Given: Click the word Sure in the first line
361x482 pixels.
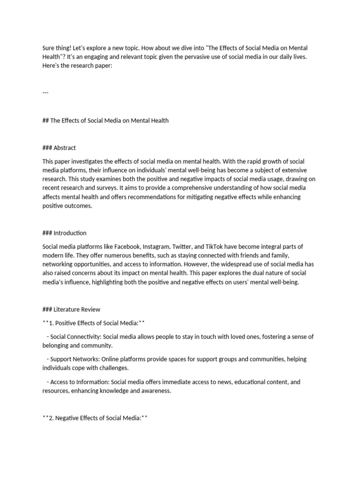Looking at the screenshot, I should [x=48, y=48].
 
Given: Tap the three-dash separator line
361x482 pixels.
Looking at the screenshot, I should [x=45, y=92].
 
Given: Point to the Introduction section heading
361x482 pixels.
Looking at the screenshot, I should [x=70, y=233].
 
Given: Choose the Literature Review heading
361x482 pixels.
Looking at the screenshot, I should [x=77, y=309].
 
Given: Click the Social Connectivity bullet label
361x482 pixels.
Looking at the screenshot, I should [x=75, y=337].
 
